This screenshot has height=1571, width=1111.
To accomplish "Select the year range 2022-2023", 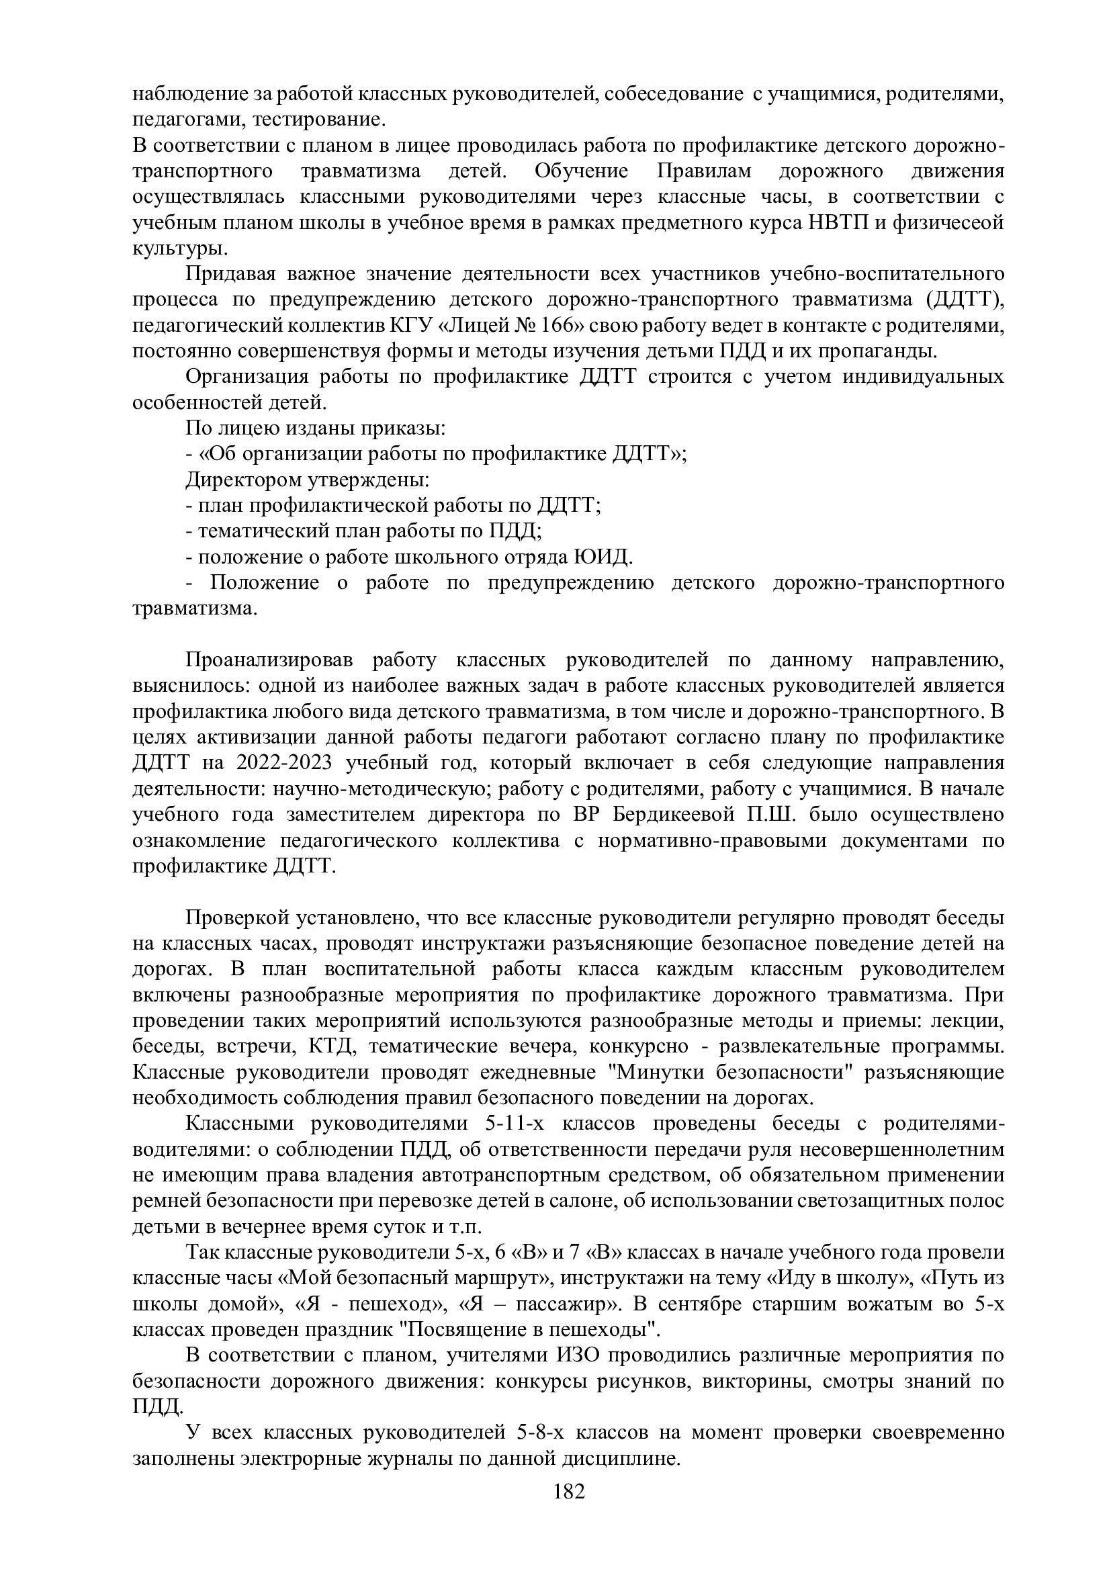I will pos(287,763).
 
